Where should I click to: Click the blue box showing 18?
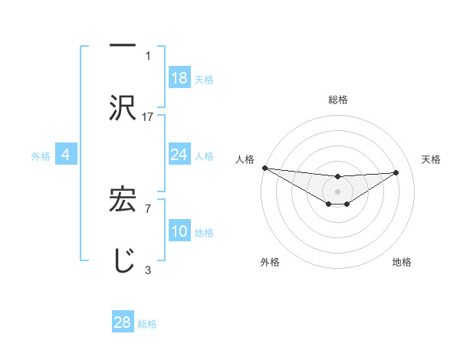coord(179,77)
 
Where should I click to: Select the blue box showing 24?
coord(179,155)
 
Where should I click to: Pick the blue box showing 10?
coord(179,231)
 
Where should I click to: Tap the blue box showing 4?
coord(66,155)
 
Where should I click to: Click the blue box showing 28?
coord(123,322)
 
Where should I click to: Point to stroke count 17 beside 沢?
coord(148,116)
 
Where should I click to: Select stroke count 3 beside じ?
coord(148,270)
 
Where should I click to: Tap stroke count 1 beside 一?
coord(148,55)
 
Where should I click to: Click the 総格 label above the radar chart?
coord(338,100)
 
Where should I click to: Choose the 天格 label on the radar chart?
coord(431,159)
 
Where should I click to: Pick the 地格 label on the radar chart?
coord(402,262)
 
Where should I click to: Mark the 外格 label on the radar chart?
coord(270,262)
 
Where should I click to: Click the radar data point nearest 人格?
coord(264,168)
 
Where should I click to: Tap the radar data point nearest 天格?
coord(396,172)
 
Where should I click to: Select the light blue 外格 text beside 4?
coord(41,155)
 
